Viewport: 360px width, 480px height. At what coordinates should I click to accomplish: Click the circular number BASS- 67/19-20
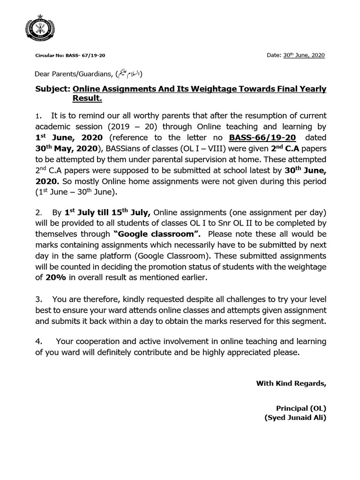click(70, 56)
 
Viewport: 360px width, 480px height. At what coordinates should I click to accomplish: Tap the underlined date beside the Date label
click(304, 55)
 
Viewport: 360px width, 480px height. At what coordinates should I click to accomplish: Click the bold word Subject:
click(52, 89)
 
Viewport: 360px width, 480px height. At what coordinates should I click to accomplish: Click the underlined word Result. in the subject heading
click(87, 99)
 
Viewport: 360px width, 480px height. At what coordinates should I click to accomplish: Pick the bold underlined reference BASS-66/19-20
click(262, 137)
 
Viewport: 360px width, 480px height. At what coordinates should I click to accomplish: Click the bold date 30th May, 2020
click(65, 148)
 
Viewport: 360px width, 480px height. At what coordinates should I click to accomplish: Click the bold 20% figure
click(55, 277)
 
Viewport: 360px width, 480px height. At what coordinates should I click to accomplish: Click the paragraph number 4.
click(39, 341)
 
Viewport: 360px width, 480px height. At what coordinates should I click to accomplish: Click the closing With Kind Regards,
click(291, 383)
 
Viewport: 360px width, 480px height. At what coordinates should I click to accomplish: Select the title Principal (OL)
click(301, 408)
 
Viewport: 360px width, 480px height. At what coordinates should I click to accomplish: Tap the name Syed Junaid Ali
click(295, 418)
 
